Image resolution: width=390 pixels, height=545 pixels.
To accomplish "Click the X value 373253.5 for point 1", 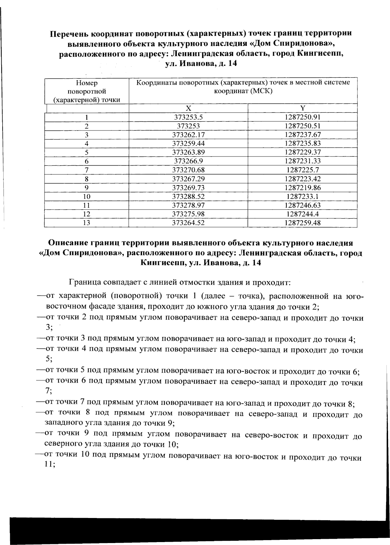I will coord(188,117).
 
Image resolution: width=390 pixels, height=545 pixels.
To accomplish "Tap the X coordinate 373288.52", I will coord(188,197).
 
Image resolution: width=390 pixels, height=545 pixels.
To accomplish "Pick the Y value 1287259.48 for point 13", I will coord(303,223).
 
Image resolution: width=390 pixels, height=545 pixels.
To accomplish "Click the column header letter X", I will coord(188,108).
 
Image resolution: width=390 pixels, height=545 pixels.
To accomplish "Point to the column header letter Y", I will coord(303,108).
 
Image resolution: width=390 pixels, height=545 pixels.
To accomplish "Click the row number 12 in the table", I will coord(86,214).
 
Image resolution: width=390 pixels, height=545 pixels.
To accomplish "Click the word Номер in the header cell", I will coord(86,83).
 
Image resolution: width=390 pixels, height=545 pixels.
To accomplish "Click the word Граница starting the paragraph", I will coord(84,282).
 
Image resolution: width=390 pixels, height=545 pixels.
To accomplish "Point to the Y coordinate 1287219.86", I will coord(303,188).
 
